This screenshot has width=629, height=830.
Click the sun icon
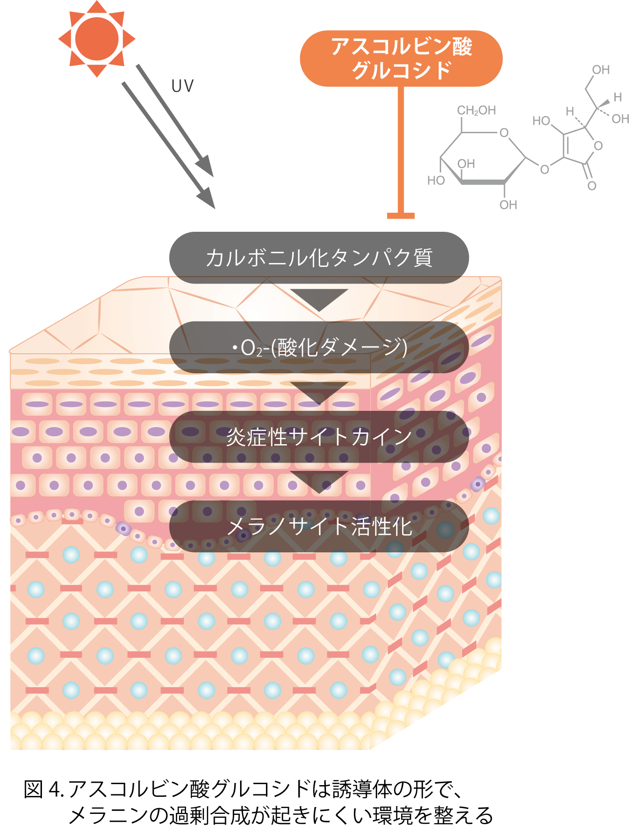click(97, 39)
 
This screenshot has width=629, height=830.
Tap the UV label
click(183, 86)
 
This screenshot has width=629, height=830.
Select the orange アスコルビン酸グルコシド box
click(401, 59)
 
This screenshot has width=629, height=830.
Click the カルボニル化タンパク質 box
click(319, 258)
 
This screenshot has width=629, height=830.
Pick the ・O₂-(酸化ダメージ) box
click(319, 347)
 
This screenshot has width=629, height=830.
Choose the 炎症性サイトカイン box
click(319, 437)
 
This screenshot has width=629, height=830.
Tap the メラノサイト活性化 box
click(319, 526)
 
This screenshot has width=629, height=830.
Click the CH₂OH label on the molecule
click(476, 111)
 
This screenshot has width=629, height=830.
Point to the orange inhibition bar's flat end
click(401, 215)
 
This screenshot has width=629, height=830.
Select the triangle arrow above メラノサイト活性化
click(319, 481)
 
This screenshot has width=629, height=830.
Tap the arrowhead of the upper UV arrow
click(206, 167)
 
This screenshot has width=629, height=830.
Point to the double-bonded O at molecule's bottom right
click(592, 186)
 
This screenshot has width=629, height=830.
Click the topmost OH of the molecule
click(601, 70)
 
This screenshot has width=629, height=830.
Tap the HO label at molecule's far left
click(436, 181)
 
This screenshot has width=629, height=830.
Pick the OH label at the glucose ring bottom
click(508, 205)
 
